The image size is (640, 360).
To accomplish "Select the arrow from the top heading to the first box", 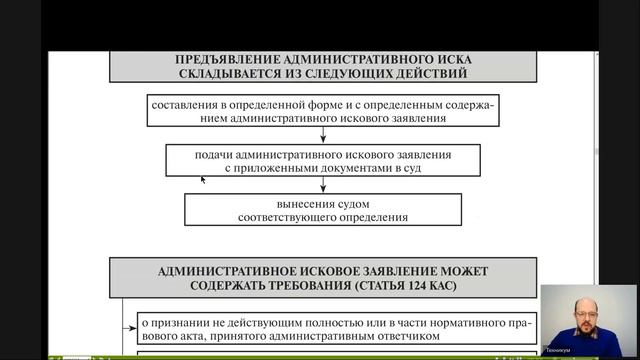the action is point(322,87).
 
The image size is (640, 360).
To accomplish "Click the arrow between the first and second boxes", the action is point(322,136).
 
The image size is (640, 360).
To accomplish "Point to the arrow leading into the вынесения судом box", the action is point(322,186).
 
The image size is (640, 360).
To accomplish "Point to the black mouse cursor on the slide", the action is point(203,180).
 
